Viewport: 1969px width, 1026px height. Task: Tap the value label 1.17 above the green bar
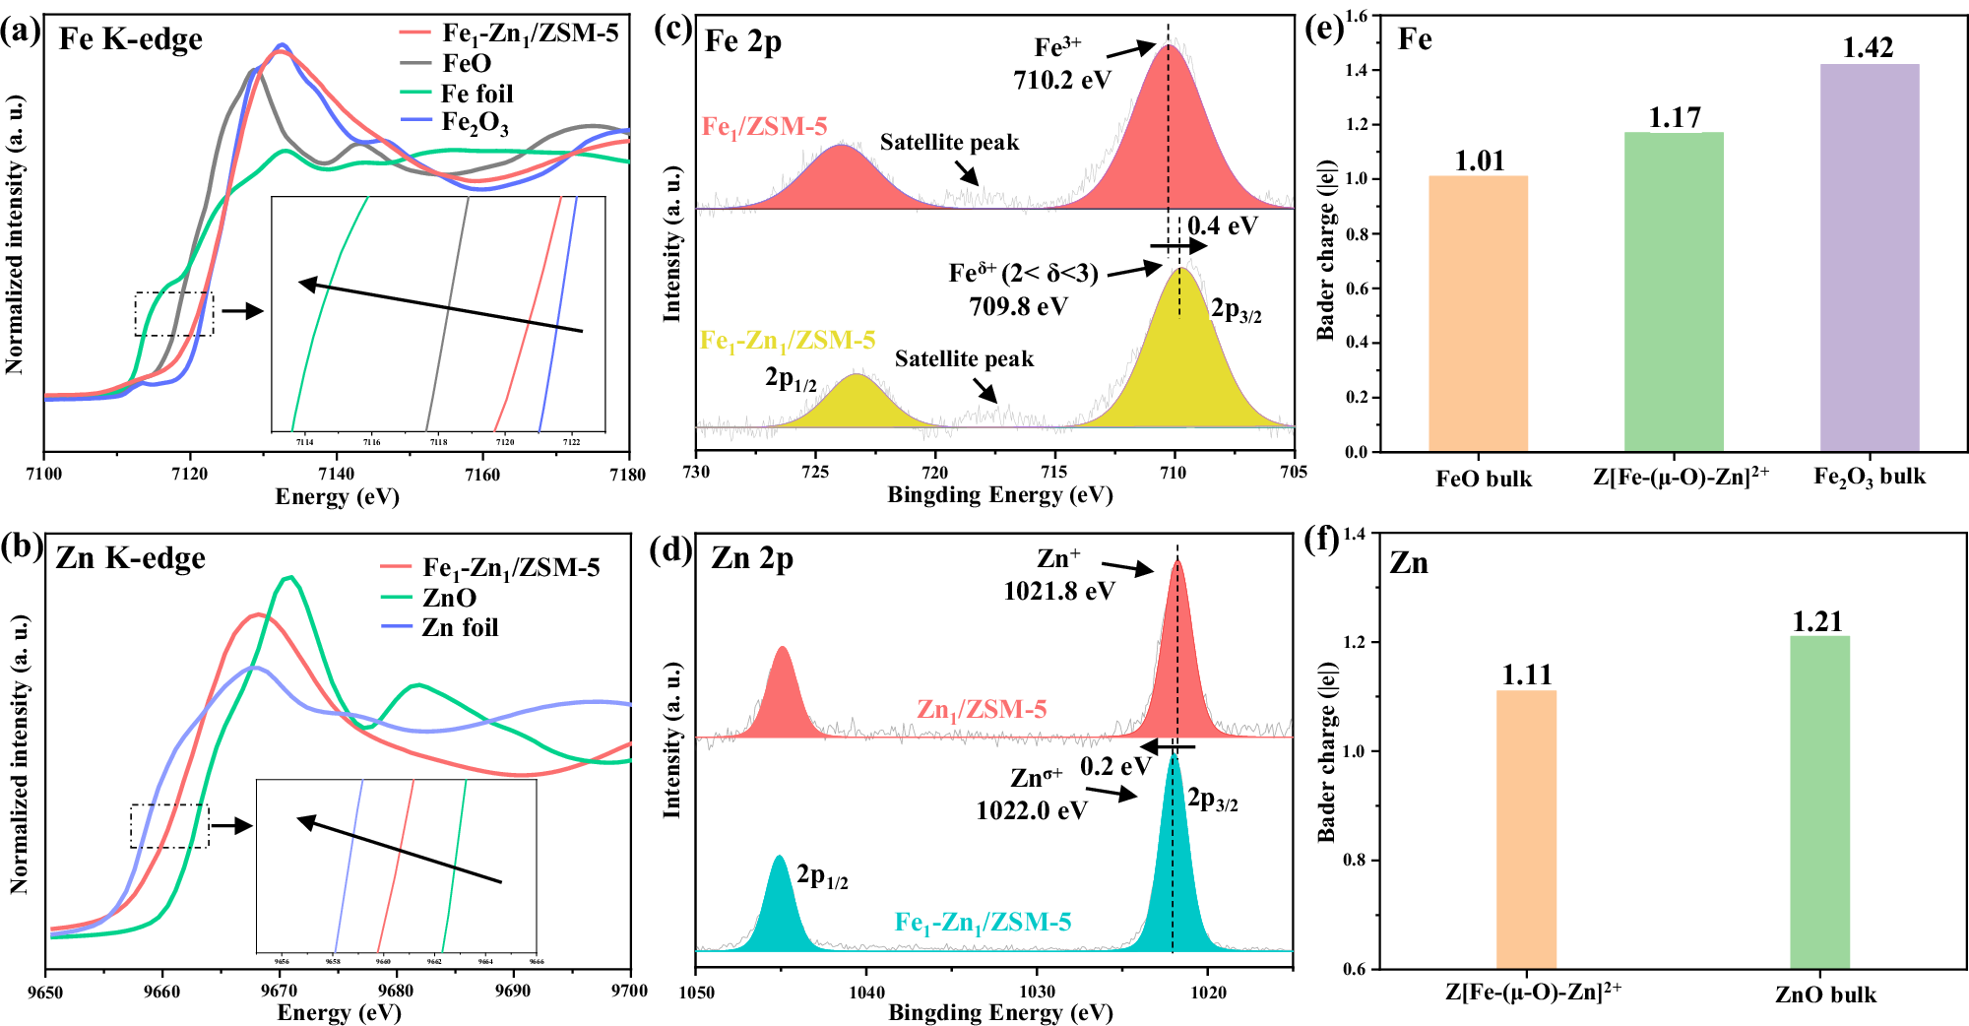[1675, 118]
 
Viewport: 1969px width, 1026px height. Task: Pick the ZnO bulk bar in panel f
[1819, 802]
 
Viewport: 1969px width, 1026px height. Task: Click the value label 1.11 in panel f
[1527, 674]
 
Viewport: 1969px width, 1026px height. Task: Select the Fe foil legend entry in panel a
[476, 94]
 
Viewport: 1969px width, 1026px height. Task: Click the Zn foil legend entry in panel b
[460, 627]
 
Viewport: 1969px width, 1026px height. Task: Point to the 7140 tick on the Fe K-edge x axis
[337, 475]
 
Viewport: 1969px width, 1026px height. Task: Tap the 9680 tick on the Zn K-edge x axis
[396, 991]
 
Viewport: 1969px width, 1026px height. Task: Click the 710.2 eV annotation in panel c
[1061, 80]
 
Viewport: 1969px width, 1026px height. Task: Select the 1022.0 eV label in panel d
[1032, 810]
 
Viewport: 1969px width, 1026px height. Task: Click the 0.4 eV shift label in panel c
[1222, 225]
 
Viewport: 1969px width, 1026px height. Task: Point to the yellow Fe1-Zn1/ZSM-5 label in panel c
[788, 341]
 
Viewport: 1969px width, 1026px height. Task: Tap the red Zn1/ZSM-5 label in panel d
[982, 709]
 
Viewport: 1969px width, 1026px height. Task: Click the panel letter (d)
[671, 548]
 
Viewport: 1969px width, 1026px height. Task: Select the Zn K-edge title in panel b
[131, 558]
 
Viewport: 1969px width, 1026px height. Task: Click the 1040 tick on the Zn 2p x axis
[866, 992]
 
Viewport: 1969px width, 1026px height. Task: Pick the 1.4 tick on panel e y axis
[1356, 71]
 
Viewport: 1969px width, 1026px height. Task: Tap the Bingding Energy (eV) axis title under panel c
[999, 494]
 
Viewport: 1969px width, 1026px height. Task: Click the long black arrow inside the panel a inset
[440, 307]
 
